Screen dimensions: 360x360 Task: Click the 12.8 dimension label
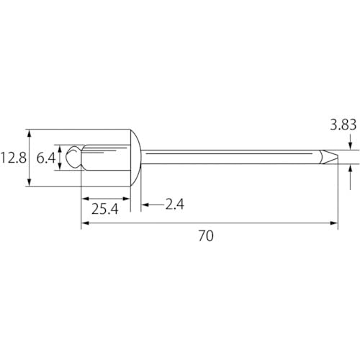click(x=12, y=157)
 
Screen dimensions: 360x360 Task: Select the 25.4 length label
click(x=105, y=209)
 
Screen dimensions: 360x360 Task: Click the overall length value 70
click(x=207, y=235)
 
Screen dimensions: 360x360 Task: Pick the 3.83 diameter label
click(x=343, y=125)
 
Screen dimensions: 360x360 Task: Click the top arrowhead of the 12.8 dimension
click(x=28, y=132)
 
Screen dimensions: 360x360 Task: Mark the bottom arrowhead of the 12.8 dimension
click(x=28, y=184)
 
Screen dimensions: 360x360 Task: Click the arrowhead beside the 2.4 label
click(x=144, y=204)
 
